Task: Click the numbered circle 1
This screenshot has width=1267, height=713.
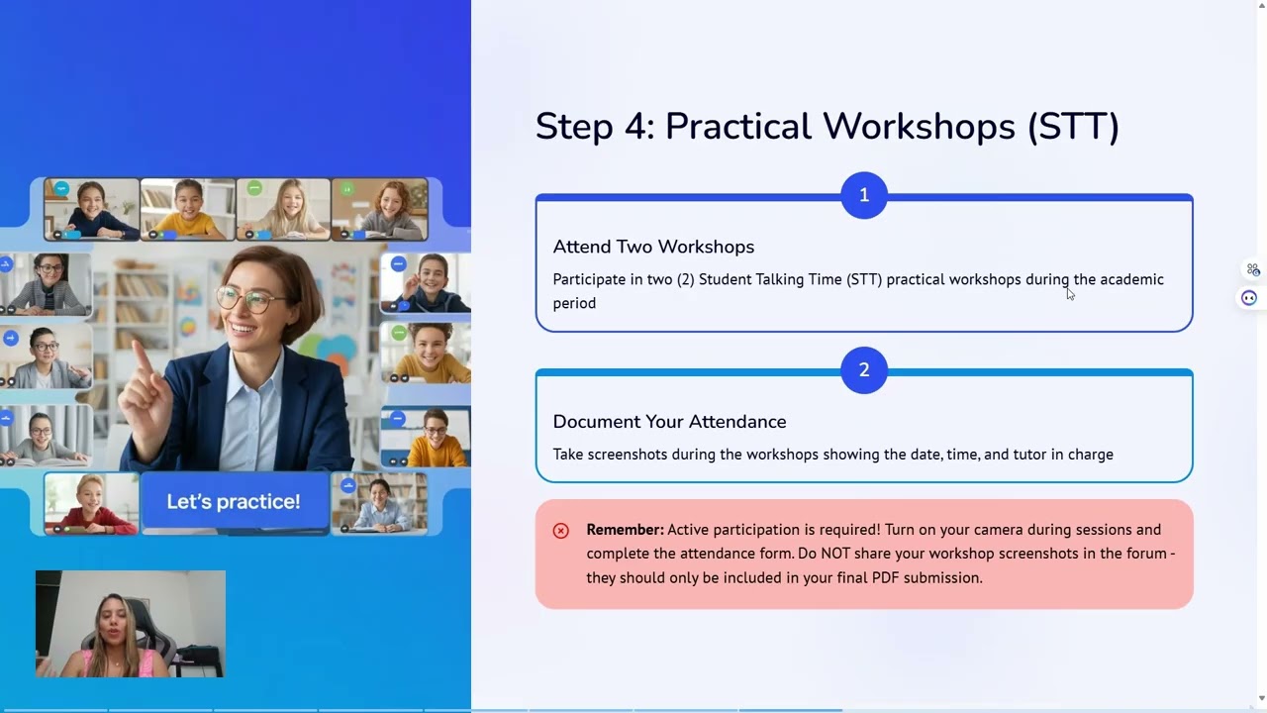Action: [x=864, y=195]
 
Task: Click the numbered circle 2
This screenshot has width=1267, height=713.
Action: [x=864, y=370]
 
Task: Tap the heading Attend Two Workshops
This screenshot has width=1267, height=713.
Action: [x=653, y=247]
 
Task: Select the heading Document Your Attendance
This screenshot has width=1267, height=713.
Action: [x=669, y=422]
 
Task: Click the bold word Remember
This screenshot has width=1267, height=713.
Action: [x=625, y=530]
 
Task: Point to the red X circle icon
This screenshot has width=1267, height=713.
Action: [x=560, y=531]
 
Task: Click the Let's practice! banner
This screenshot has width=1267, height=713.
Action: [x=234, y=502]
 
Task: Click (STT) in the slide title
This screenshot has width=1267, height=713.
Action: [x=1072, y=127]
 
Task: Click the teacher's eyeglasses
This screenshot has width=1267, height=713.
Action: [x=247, y=299]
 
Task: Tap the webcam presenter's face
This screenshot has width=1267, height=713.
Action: [x=113, y=624]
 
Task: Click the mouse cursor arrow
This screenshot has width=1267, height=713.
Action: [x=1070, y=294]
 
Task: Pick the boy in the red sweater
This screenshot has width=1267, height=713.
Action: [x=91, y=504]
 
